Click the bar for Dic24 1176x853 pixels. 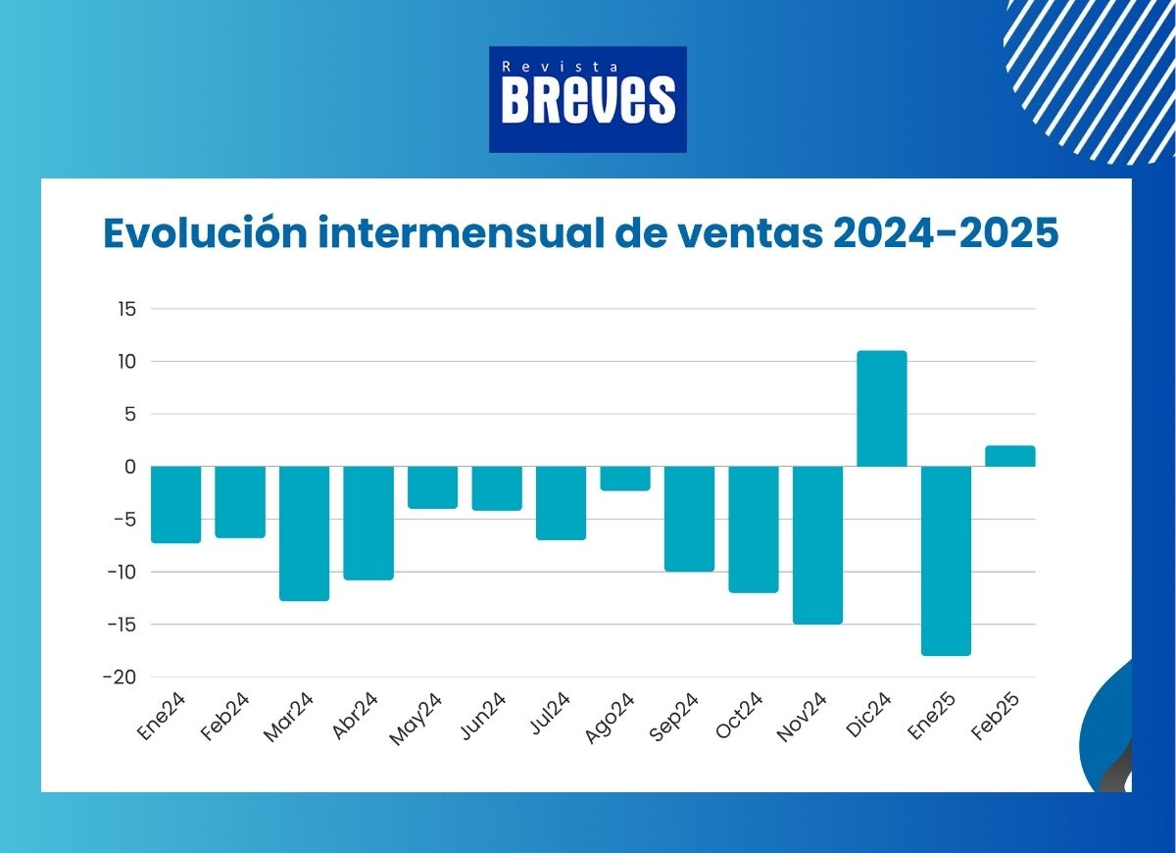(x=882, y=408)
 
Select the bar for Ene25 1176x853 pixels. (x=946, y=560)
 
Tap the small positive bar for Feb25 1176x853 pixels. (x=1009, y=456)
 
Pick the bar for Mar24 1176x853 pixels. (x=304, y=532)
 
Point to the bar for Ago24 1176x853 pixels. (x=625, y=478)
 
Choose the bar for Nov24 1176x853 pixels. (x=817, y=544)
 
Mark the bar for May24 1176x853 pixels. (x=432, y=487)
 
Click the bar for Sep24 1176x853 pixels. (x=689, y=519)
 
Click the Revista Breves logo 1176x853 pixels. (x=588, y=99)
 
